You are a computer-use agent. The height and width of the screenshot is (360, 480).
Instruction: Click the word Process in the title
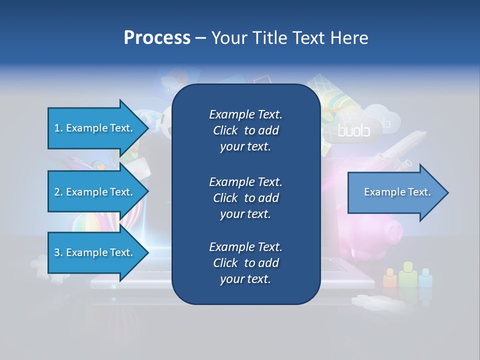click(157, 38)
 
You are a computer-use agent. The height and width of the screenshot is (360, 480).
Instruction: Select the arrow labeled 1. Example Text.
click(95, 128)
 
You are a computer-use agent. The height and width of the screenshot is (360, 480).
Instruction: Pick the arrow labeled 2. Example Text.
click(95, 192)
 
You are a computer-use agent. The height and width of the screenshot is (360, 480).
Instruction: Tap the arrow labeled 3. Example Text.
click(95, 252)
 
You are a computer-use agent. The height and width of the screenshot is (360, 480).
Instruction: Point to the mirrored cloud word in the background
click(353, 131)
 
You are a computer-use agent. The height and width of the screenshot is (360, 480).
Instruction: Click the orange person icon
click(390, 278)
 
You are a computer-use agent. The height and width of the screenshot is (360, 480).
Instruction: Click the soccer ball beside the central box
click(166, 123)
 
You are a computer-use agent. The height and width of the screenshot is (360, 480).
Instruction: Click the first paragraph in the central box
click(245, 130)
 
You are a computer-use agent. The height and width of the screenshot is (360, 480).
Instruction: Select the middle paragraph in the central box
click(245, 197)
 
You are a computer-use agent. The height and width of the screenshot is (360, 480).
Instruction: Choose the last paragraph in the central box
click(245, 262)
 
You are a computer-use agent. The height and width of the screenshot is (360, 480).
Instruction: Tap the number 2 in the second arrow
click(57, 192)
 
